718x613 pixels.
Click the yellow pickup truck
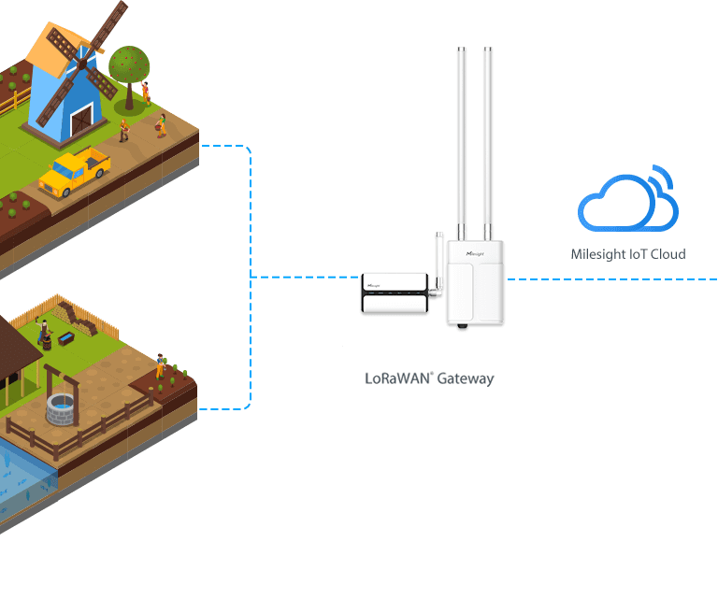click(x=75, y=171)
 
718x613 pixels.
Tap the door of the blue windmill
click(x=82, y=120)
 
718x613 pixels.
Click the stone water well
click(x=62, y=407)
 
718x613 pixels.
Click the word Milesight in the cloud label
click(x=599, y=254)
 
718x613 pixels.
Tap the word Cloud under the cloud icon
click(x=668, y=254)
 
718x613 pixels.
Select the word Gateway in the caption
click(x=465, y=379)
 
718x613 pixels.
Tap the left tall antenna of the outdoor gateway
click(x=462, y=140)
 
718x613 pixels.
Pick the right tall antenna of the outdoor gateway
click(x=487, y=140)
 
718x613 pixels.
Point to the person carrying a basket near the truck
click(x=123, y=129)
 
